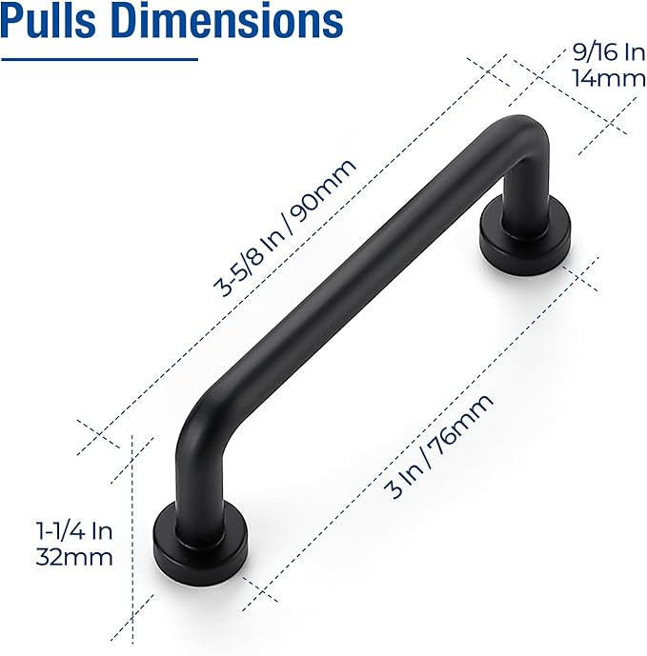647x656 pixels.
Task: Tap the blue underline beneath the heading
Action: pyautogui.click(x=99, y=60)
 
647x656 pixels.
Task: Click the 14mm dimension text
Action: pyautogui.click(x=609, y=78)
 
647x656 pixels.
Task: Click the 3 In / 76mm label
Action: pyautogui.click(x=439, y=447)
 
